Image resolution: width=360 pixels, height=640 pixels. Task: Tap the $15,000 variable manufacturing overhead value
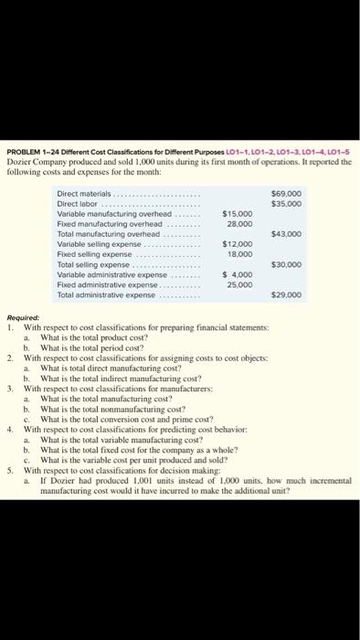[x=236, y=214]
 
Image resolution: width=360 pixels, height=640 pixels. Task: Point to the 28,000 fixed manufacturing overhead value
[x=239, y=223]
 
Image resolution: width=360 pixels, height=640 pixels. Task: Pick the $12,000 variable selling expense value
[x=236, y=243]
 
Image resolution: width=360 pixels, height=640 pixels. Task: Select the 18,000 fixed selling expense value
[x=239, y=252]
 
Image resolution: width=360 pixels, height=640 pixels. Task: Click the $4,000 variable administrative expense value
[x=238, y=272]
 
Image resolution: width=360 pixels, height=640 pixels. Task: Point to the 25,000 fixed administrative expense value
[x=239, y=282]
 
